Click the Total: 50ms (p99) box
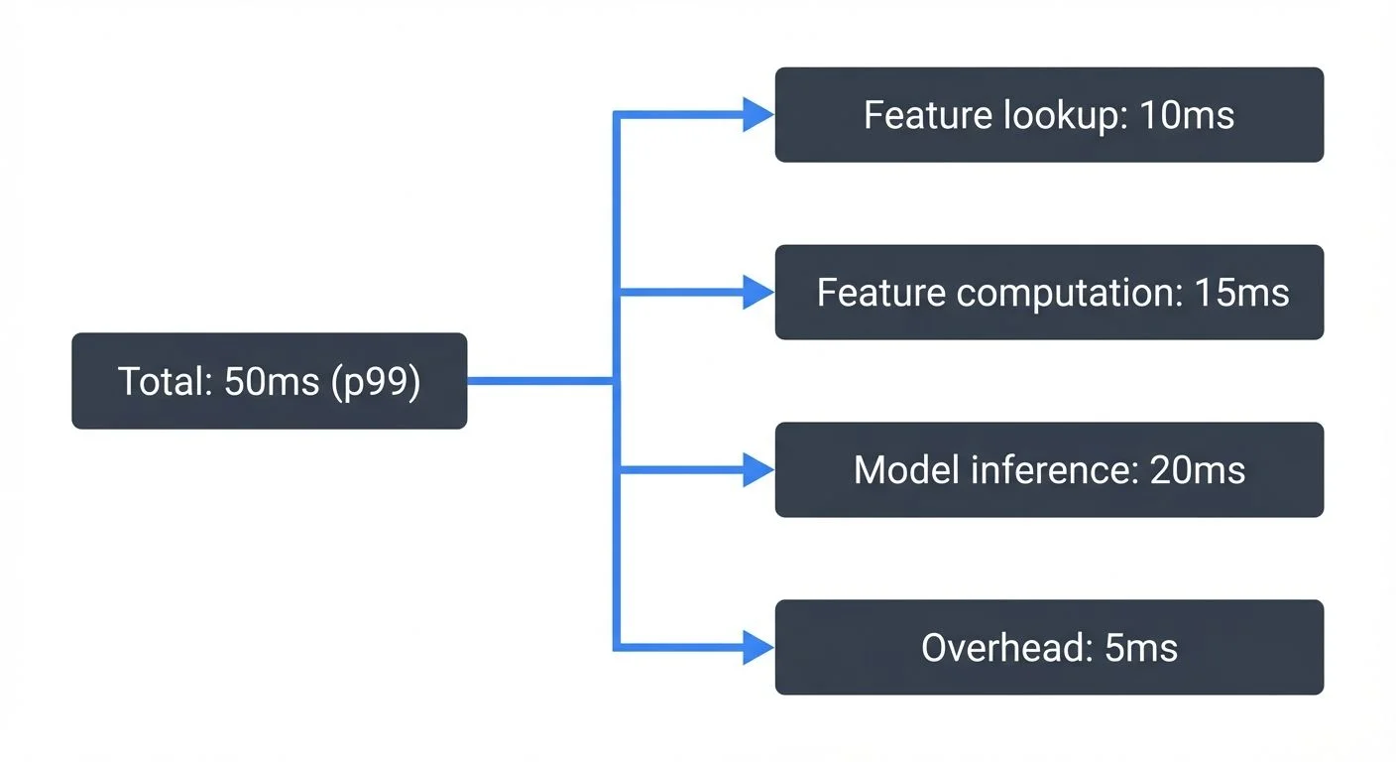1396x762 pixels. coord(269,381)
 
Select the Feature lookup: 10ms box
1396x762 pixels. coord(1049,115)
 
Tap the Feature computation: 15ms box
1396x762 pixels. coord(1049,293)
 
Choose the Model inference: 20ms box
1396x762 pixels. coord(1049,469)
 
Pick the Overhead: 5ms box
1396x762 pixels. coord(1049,648)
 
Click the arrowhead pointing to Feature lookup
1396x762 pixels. coord(758,115)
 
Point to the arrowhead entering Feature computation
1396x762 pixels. coord(758,293)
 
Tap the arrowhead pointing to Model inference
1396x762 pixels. coord(758,470)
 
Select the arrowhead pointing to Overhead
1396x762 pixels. coord(758,648)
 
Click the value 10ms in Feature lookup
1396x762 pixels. coord(1187,116)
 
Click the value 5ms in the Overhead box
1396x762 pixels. coord(1140,649)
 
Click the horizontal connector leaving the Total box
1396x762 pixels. coord(540,381)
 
